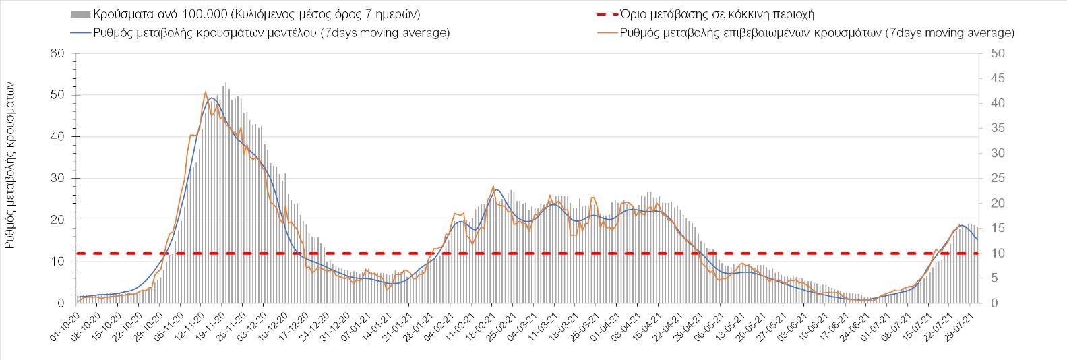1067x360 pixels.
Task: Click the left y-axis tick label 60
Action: pyautogui.click(x=57, y=53)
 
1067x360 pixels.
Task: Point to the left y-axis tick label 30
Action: pyautogui.click(x=57, y=179)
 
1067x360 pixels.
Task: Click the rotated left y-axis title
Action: pyautogui.click(x=10, y=165)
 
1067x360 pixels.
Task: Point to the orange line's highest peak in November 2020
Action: pyautogui.click(x=205, y=92)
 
